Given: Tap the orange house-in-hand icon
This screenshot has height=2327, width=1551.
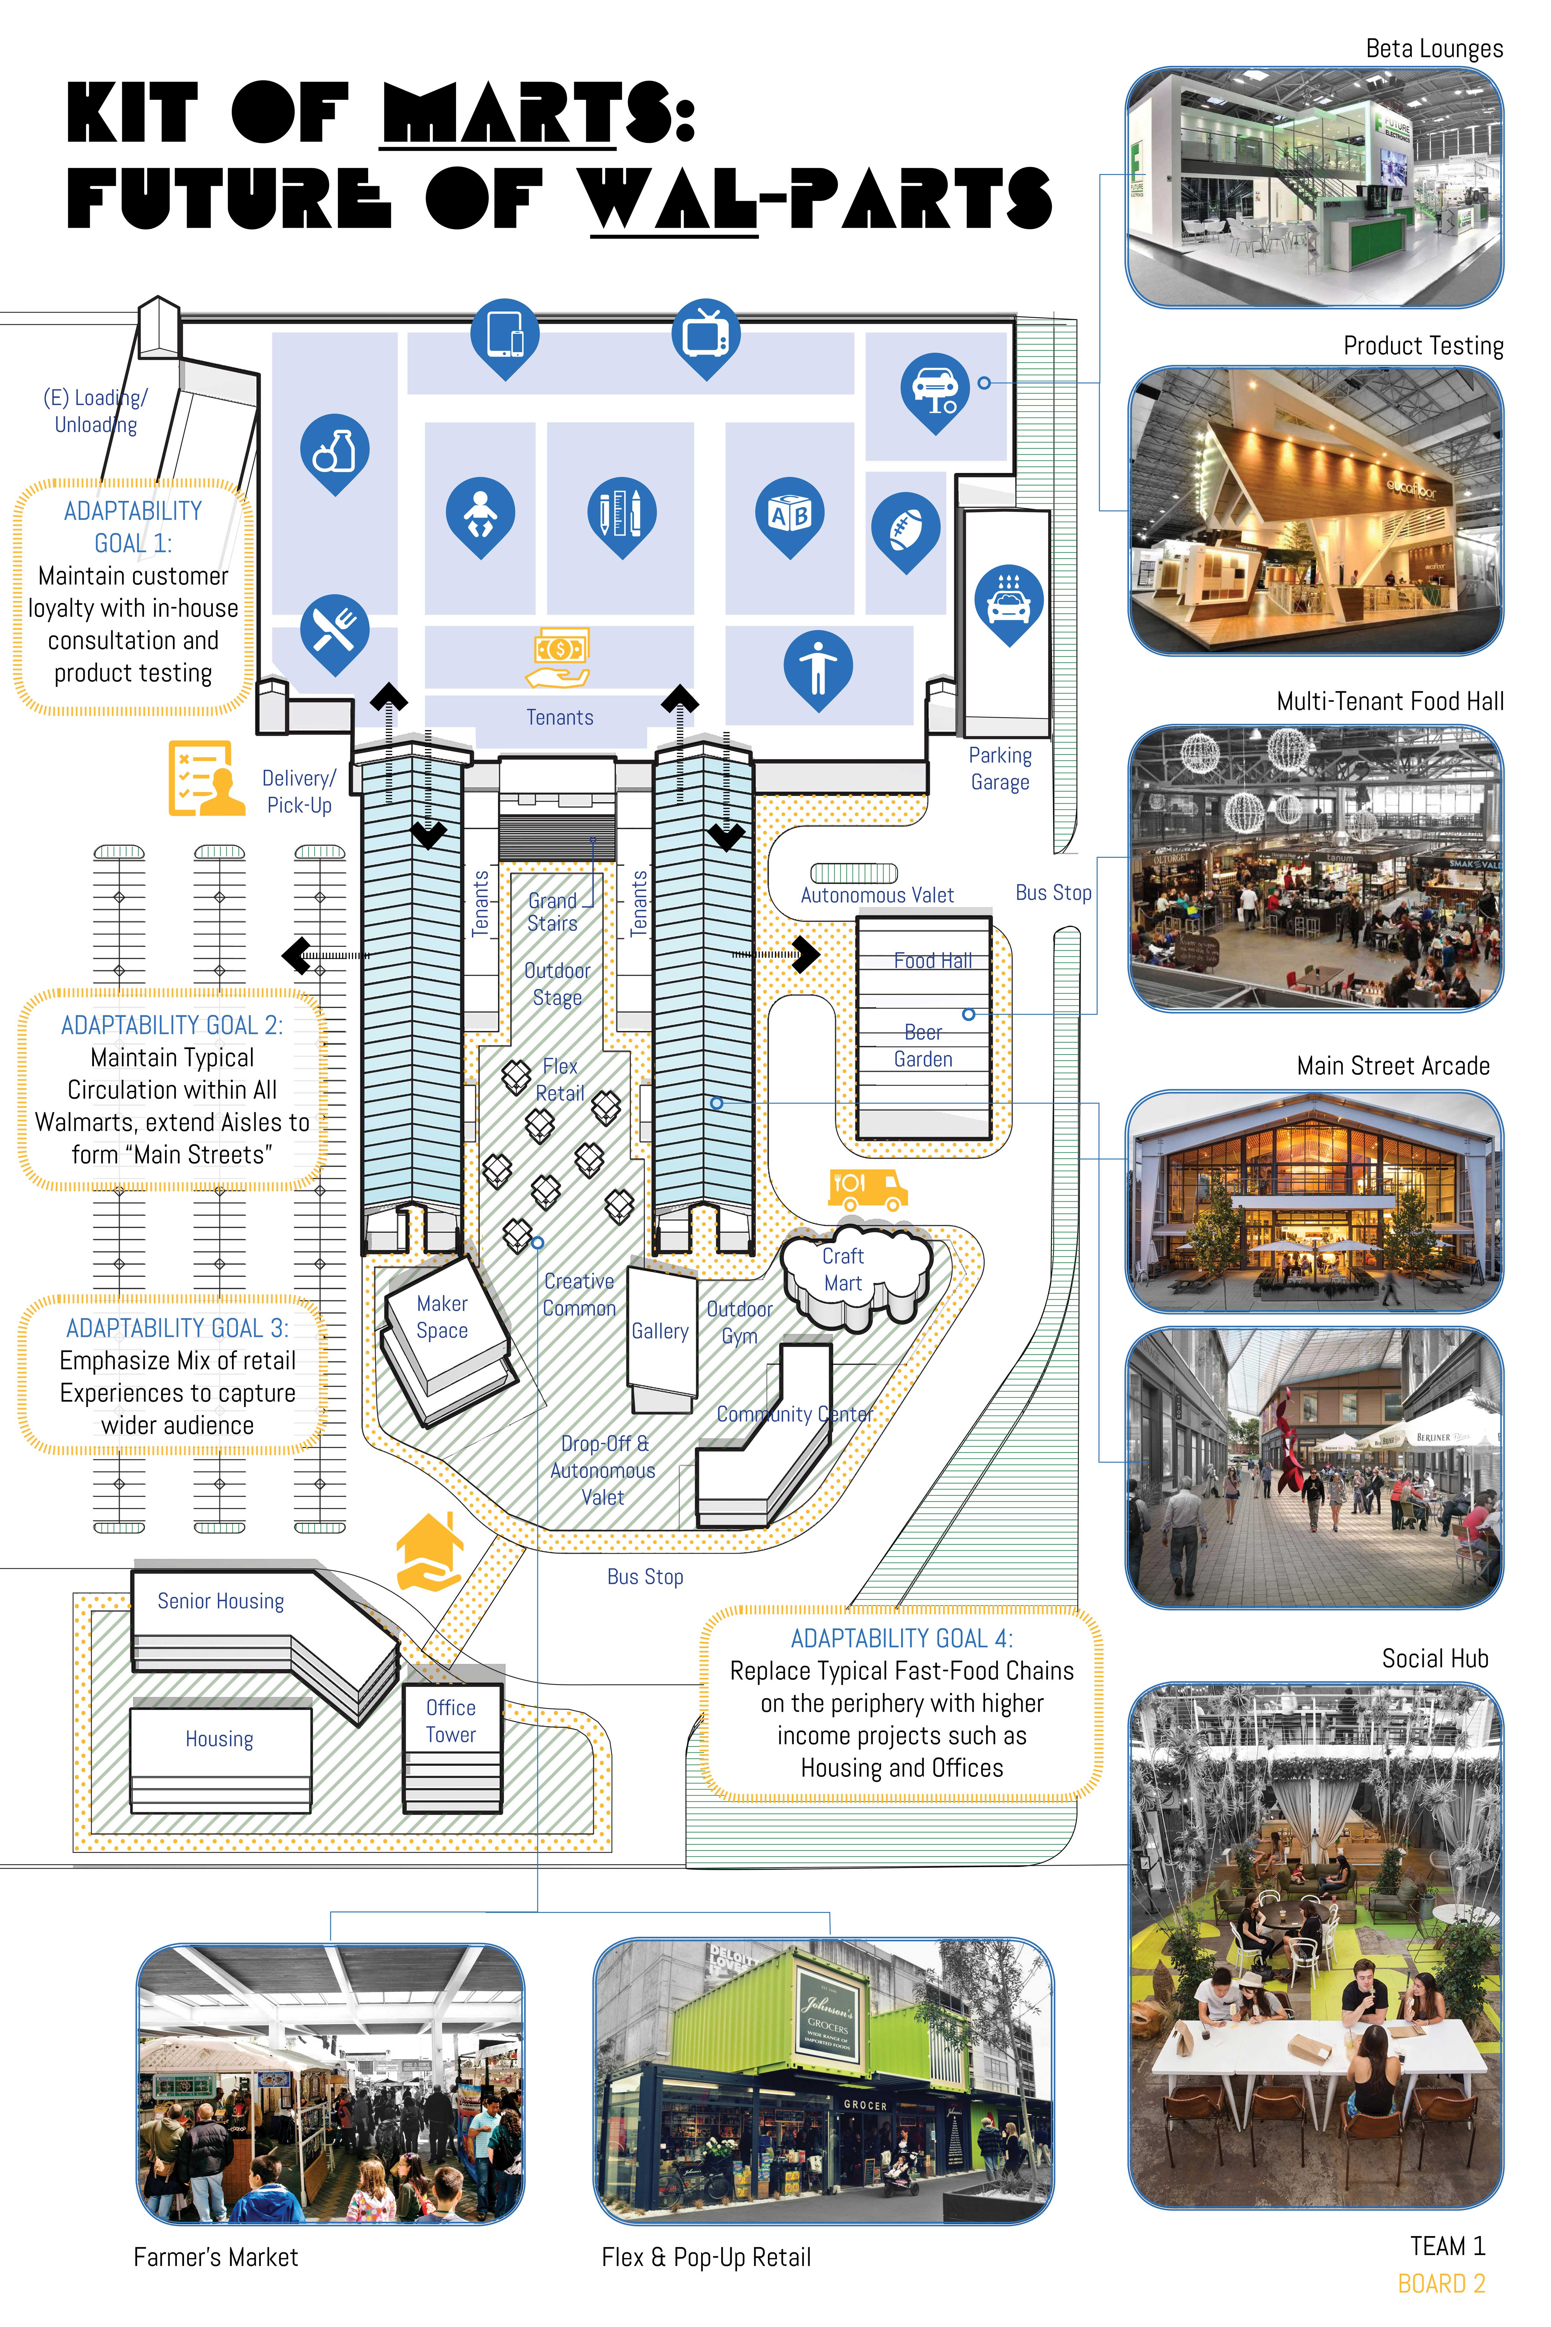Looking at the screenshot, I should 429,1551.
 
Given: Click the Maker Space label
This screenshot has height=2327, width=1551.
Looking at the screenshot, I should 442,1317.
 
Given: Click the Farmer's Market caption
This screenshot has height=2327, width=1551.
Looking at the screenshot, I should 216,2257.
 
